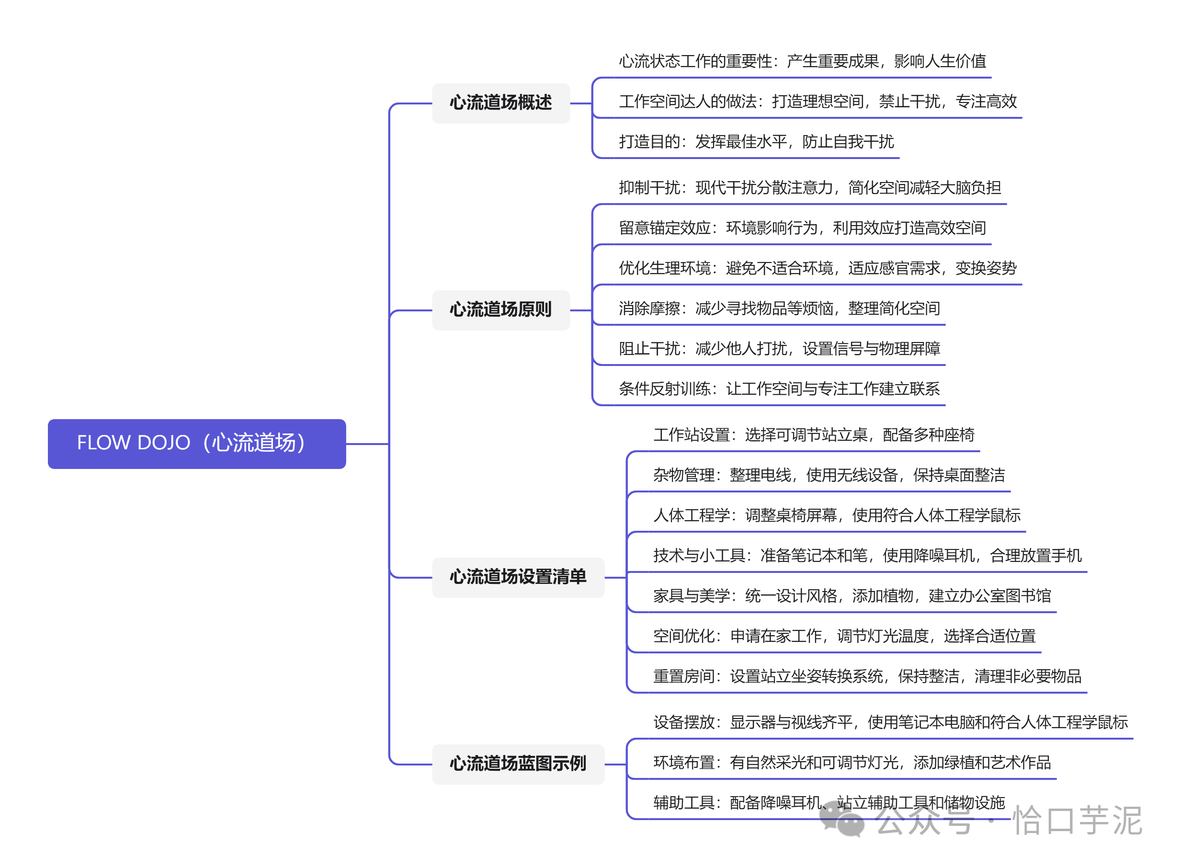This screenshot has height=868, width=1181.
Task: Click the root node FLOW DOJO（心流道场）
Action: pos(196,444)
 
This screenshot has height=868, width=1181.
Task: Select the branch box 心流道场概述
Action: pos(500,103)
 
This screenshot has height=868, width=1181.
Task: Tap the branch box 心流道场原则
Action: pos(500,310)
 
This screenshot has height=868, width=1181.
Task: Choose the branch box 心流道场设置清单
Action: pos(518,577)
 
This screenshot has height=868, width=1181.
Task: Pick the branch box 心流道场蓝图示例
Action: pos(518,764)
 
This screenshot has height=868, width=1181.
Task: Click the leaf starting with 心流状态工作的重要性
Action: pos(802,61)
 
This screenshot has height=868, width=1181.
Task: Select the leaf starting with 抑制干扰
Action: pos(809,188)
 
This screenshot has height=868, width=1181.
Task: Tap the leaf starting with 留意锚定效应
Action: pos(802,228)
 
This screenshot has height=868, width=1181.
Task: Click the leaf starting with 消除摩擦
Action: pos(779,308)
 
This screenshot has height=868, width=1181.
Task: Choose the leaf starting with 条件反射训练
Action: pos(779,389)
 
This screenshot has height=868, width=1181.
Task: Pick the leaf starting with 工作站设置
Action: pos(813,435)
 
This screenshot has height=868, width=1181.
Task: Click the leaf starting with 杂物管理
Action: pos(829,476)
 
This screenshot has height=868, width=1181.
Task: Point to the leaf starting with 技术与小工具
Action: pos(867,555)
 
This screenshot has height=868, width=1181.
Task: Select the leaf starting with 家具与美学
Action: pos(852,596)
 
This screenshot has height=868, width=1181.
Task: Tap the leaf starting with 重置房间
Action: pos(867,676)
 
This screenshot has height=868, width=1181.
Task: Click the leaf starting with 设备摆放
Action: pos(890,722)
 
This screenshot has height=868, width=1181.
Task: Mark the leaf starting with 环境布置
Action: pos(852,763)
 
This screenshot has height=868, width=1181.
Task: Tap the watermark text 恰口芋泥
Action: pos(1077,821)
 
